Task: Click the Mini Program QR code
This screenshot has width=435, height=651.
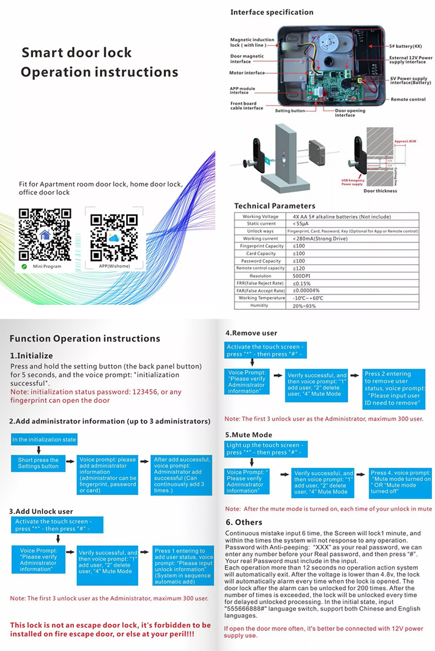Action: click(x=45, y=234)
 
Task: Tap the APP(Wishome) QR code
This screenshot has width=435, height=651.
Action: click(x=113, y=236)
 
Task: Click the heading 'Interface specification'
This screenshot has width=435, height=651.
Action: click(x=271, y=12)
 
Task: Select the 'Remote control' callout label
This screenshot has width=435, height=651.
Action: click(x=408, y=100)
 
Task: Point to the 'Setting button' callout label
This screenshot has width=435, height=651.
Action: click(x=290, y=111)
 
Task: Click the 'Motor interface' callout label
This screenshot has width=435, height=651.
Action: click(x=247, y=73)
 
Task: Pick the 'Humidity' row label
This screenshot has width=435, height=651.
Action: click(x=259, y=305)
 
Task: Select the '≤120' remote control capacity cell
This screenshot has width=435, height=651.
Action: click(x=298, y=268)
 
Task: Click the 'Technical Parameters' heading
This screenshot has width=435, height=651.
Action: click(x=275, y=206)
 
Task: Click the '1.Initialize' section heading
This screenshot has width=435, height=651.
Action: click(x=31, y=355)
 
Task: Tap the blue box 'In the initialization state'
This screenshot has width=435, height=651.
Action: click(x=44, y=440)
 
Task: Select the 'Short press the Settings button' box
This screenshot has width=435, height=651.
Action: click(x=38, y=463)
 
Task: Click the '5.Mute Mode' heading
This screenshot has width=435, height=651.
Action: click(x=248, y=435)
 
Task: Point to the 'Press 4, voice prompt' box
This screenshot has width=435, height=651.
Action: click(x=400, y=482)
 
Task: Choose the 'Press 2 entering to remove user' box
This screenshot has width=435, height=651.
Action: click(x=394, y=389)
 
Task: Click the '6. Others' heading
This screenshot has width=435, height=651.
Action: click(x=244, y=522)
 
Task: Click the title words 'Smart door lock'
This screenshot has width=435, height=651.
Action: click(x=77, y=53)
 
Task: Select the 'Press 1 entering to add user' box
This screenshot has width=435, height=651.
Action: click(x=183, y=566)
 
